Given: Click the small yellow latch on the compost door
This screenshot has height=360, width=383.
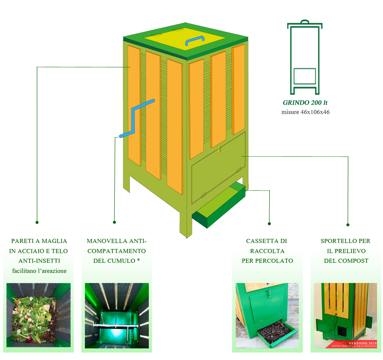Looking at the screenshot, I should tap(219, 150).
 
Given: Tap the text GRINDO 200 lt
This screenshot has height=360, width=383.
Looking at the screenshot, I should tap(305, 102).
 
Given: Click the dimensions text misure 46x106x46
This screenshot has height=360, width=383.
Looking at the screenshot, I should tap(305, 112).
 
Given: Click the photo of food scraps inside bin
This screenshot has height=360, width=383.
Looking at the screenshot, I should tap(39, 316).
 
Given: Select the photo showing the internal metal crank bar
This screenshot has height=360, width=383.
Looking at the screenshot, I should tap(117, 316).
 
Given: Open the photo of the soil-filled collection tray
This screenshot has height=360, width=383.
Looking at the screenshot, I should tap(267, 316).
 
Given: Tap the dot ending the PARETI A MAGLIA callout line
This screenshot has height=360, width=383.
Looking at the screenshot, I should tap(37, 222).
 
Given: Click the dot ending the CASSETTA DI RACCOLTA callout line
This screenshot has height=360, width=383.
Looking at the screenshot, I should tap(269, 224).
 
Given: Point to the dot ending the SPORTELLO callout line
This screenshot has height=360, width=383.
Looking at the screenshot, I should tap(348, 225).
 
